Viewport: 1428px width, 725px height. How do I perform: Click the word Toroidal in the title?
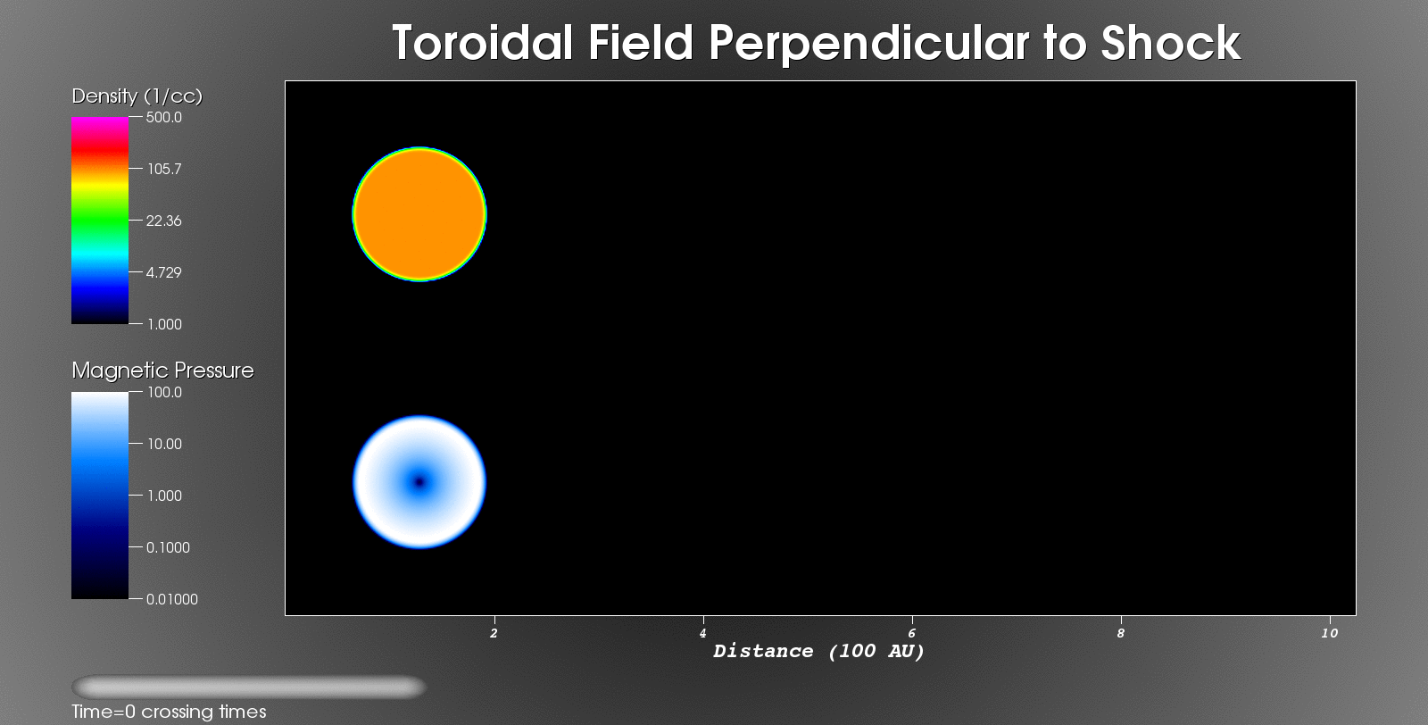pos(483,44)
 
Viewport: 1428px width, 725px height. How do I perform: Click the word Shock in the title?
pos(1170,44)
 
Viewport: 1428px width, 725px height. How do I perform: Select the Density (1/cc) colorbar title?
pos(137,96)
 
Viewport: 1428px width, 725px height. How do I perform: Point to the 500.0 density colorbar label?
pos(164,117)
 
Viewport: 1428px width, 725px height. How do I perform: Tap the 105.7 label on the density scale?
pos(164,169)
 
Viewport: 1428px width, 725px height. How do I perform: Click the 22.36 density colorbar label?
pos(164,221)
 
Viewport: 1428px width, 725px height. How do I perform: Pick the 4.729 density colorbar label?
pos(164,272)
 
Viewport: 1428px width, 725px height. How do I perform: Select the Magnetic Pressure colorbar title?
pos(162,371)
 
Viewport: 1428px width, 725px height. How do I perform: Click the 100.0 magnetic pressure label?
pos(164,392)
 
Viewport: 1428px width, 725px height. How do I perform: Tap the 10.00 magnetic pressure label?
pos(164,444)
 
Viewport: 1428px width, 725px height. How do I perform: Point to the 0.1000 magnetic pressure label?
pos(169,547)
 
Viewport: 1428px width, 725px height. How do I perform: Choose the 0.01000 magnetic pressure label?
pos(172,599)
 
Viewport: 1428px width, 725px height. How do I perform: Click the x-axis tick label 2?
pos(494,633)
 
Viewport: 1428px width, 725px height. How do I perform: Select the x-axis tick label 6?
pos(912,633)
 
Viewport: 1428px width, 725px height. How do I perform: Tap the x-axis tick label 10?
pos(1329,633)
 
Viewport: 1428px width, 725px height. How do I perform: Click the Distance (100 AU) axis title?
pos(818,652)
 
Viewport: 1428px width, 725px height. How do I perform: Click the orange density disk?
pos(419,214)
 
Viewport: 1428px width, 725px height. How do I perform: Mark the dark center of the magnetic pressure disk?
pos(419,482)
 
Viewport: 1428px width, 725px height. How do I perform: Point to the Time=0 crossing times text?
pos(169,712)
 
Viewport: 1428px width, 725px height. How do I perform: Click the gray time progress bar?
pos(249,687)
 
